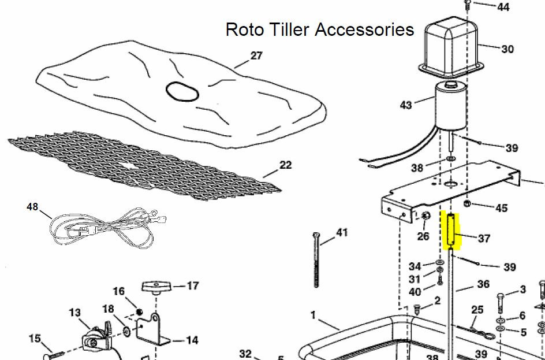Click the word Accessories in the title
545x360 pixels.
point(364,29)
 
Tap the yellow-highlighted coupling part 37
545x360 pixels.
point(450,231)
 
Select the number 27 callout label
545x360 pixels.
point(256,55)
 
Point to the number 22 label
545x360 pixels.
point(285,165)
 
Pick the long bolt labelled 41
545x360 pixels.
point(316,259)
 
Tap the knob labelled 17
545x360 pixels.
point(157,288)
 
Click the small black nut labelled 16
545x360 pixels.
point(140,311)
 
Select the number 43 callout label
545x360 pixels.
point(406,105)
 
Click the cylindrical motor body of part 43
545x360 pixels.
point(451,107)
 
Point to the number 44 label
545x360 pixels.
point(503,7)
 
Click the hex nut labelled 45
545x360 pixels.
point(468,203)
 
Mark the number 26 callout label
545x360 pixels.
point(423,236)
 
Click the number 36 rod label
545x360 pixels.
point(483,284)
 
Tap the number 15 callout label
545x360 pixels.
point(35,339)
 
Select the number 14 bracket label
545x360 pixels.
point(192,340)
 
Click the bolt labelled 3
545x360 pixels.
point(499,303)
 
